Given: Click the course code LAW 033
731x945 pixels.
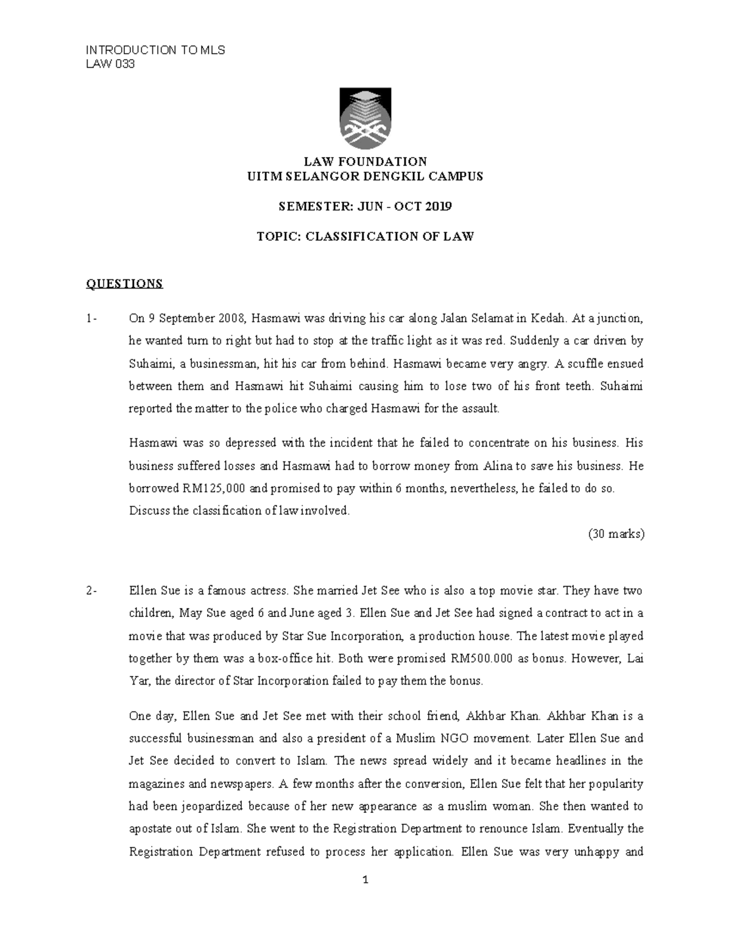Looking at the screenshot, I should [x=110, y=65].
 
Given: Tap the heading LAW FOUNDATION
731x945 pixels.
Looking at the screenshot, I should [x=365, y=162].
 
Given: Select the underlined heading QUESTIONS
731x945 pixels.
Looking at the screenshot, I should [x=124, y=284].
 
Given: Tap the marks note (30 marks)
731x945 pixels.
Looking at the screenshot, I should [x=616, y=534].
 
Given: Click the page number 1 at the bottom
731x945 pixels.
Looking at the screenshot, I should [x=365, y=880].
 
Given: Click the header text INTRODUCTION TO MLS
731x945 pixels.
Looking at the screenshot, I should [x=155, y=51].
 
